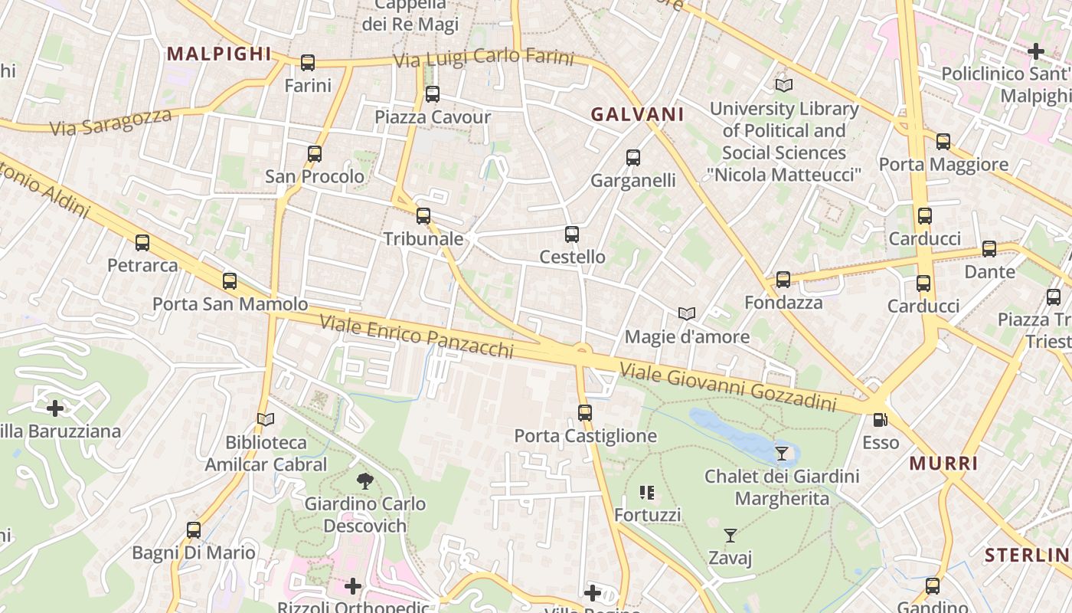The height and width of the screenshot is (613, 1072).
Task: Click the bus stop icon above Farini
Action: click(308, 63)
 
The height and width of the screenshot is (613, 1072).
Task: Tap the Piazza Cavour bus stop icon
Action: click(433, 94)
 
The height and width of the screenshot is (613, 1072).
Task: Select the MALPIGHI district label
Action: click(219, 54)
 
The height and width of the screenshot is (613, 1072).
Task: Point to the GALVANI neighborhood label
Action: click(637, 114)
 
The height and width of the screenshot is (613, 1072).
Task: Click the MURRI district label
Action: click(943, 464)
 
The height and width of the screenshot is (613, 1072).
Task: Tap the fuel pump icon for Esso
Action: click(881, 420)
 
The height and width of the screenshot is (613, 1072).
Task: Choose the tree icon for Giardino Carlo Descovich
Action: click(365, 481)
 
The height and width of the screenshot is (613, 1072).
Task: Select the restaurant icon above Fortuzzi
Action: click(647, 492)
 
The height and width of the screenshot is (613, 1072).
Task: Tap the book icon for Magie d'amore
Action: click(687, 314)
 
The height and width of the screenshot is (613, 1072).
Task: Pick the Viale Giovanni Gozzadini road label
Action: click(727, 387)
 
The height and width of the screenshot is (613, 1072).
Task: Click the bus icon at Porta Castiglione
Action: click(585, 413)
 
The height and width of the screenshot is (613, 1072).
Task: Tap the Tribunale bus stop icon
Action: click(423, 216)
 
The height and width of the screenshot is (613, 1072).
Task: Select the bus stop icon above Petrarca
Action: click(142, 243)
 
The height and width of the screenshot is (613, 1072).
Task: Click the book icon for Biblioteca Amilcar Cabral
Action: click(266, 419)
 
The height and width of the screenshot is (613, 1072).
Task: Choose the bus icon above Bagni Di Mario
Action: click(194, 530)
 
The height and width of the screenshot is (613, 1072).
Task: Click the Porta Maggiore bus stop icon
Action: click(943, 142)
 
